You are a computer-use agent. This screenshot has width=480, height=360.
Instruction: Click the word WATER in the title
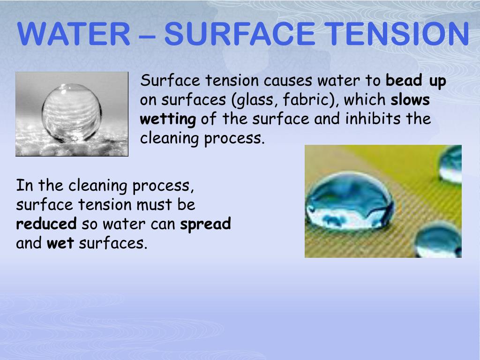click(x=74, y=34)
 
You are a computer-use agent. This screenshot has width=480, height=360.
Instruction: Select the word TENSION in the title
click(x=396, y=34)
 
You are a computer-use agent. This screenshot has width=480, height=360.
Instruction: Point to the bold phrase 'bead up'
click(x=416, y=81)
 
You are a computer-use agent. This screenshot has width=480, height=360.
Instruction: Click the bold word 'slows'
click(x=410, y=100)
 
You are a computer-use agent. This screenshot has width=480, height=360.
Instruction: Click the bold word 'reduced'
click(x=46, y=224)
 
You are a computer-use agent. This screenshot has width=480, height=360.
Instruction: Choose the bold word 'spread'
click(x=206, y=225)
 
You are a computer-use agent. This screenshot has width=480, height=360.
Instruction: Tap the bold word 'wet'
click(x=60, y=243)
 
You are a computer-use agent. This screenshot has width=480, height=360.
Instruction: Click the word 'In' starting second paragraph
click(x=22, y=186)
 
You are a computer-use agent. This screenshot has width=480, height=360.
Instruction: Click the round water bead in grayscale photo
click(x=71, y=112)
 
